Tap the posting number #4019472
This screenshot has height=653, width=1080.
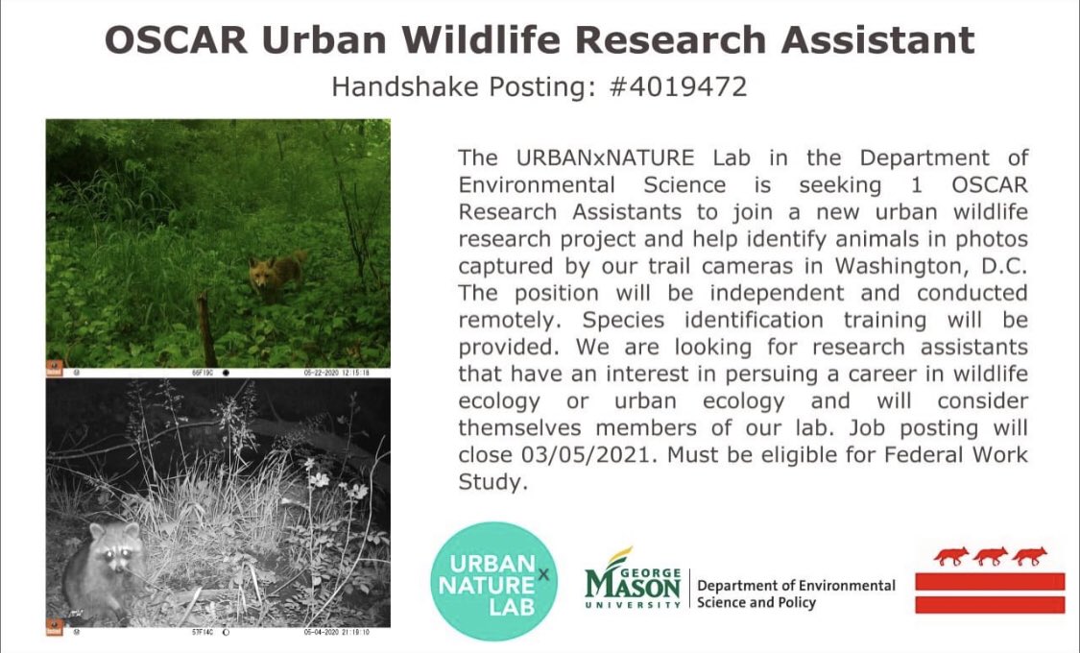click(x=679, y=86)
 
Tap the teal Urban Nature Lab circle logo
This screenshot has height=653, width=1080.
click(x=494, y=582)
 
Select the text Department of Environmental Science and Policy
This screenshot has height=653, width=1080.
click(x=796, y=593)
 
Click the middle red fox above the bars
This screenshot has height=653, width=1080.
click(x=990, y=556)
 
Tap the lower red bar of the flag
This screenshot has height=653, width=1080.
click(x=990, y=604)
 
